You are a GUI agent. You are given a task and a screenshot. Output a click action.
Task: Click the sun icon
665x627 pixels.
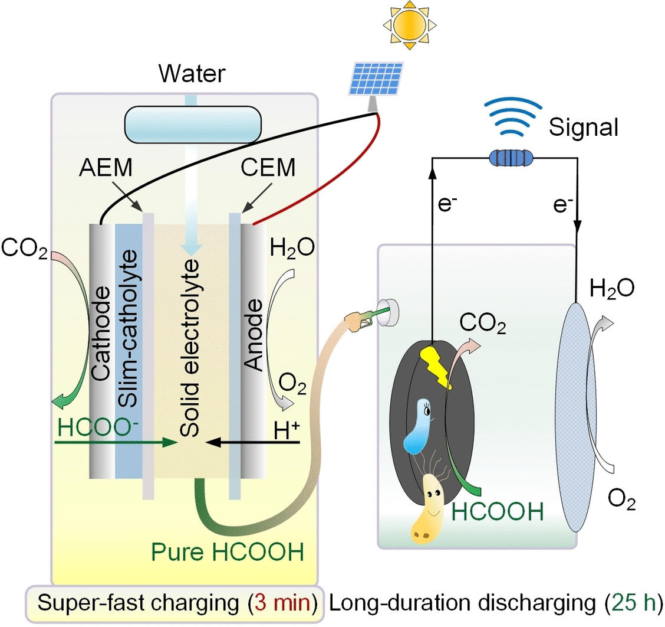(x=409, y=25)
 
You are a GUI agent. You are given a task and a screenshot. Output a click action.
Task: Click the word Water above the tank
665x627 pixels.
(x=192, y=75)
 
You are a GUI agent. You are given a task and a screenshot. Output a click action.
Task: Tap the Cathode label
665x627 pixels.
(x=102, y=334)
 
